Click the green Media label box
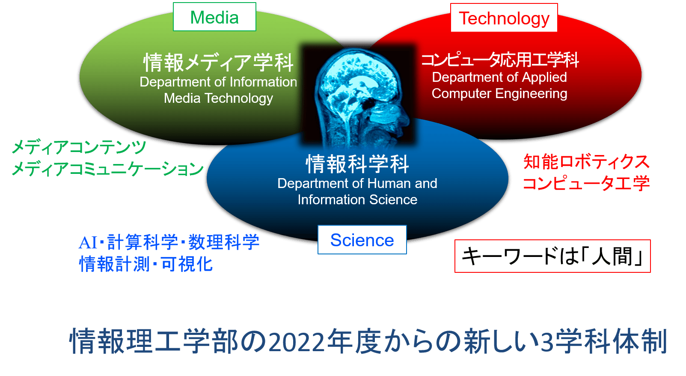214,17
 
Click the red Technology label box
504,18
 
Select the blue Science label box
362,240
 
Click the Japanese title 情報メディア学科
218,63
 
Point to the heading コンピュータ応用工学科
500,60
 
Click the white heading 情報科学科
357,164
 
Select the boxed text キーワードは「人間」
552,256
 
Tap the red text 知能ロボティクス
586,161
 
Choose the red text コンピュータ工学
586,183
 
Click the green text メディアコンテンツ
79,147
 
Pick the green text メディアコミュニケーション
107,169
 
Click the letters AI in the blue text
88,243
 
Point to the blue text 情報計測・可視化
146,264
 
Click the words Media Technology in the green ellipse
218,98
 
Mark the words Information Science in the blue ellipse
357,200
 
